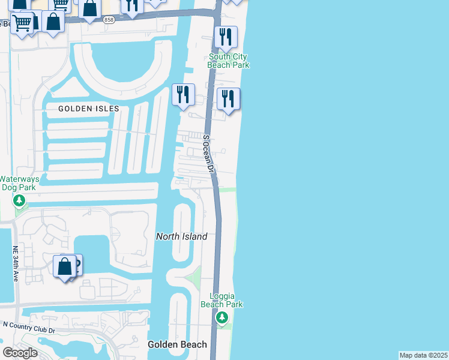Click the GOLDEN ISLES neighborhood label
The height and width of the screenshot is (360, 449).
89,109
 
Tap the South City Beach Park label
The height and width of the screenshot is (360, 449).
228,61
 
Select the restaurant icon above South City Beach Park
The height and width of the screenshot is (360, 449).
226,38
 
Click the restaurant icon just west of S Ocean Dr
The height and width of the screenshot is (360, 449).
183,95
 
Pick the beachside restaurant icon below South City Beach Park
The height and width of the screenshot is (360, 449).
228,99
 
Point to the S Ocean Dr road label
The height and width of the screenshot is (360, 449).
208,155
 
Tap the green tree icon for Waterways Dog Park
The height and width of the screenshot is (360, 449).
19,200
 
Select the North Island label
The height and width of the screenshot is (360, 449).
182,236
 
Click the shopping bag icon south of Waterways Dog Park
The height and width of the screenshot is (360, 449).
64,266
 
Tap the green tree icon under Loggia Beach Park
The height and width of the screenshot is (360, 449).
222,317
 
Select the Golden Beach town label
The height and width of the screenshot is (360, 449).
178,344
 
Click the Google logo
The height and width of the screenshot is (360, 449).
20,353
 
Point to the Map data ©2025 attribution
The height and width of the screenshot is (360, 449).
423,355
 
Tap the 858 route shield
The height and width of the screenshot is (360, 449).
108,20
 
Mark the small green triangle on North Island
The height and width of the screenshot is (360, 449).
193,277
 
